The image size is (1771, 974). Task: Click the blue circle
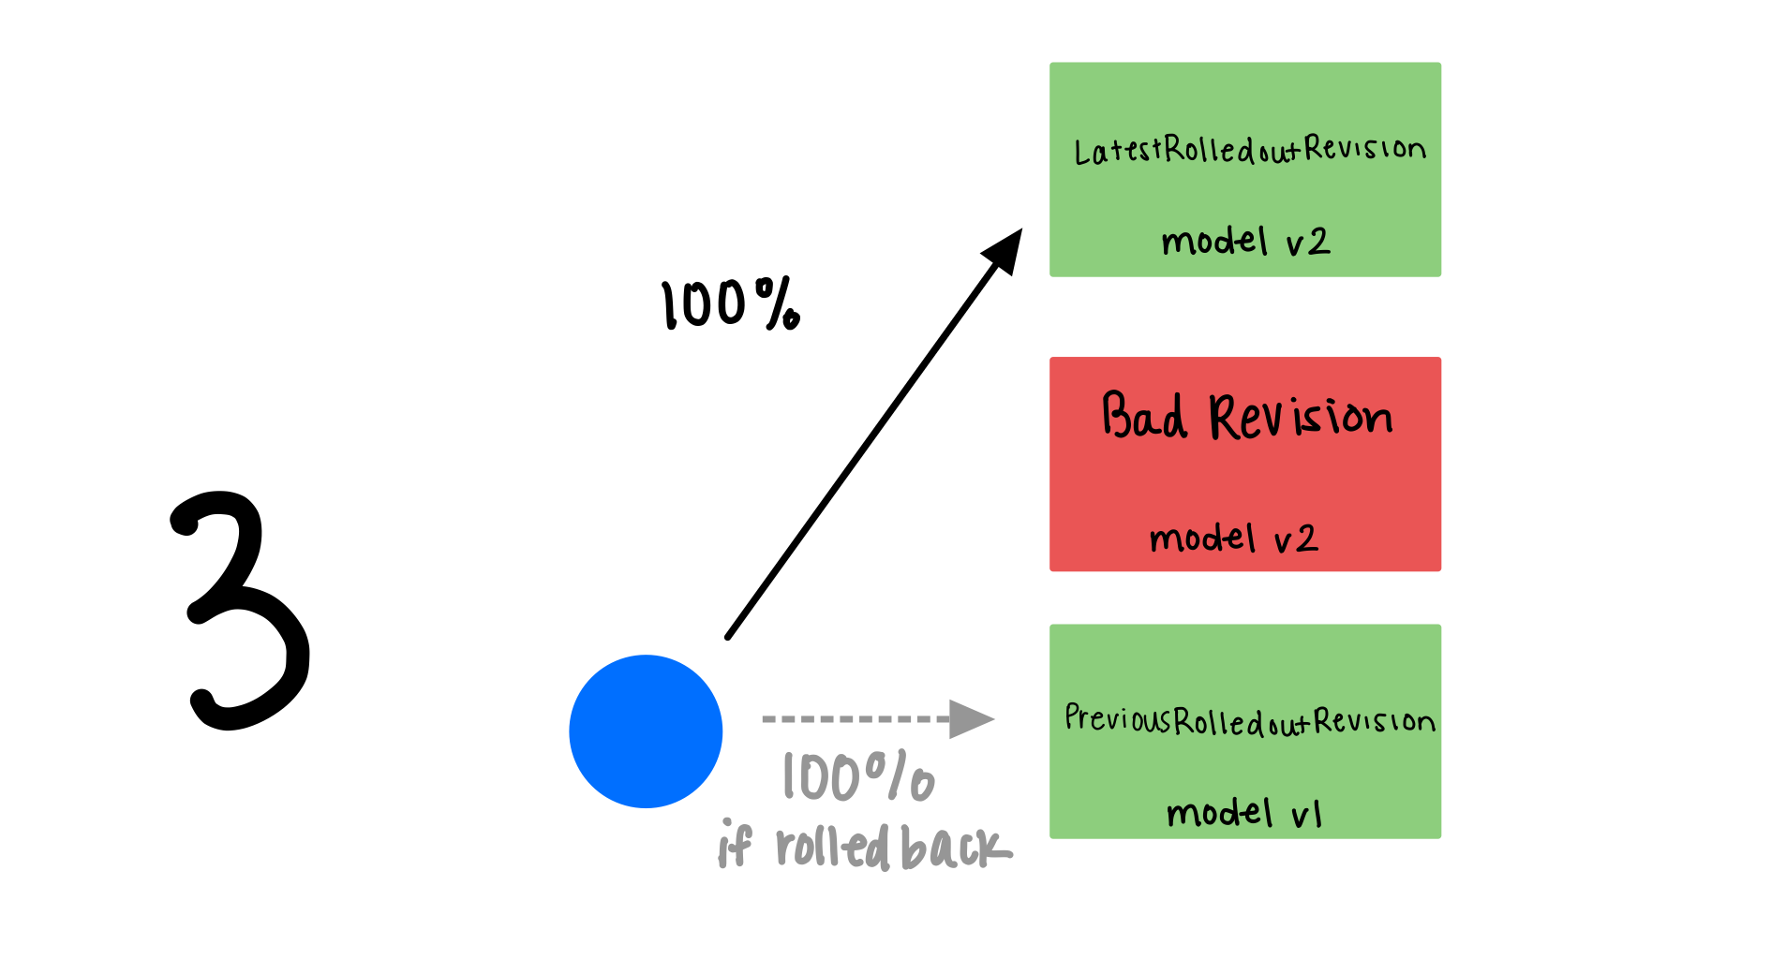pyautogui.click(x=646, y=730)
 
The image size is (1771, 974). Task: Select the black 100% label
pyautogui.click(x=730, y=304)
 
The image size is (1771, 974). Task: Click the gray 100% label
pyautogui.click(x=858, y=776)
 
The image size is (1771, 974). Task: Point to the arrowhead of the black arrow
pyautogui.click(x=1005, y=247)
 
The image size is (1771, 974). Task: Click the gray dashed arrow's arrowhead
pyautogui.click(x=971, y=719)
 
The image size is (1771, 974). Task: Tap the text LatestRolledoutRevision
pyautogui.click(x=1249, y=150)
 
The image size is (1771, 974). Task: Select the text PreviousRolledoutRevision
pyautogui.click(x=1249, y=720)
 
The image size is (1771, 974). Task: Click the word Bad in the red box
pyautogui.click(x=1144, y=416)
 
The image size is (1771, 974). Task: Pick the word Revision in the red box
pyautogui.click(x=1301, y=418)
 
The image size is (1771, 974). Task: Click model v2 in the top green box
pyautogui.click(x=1245, y=242)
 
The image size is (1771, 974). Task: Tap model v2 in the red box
pyautogui.click(x=1233, y=539)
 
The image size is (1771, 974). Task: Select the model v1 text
pyautogui.click(x=1244, y=813)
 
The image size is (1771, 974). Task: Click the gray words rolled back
pyautogui.click(x=892, y=848)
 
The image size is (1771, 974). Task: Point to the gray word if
pyautogui.click(x=735, y=845)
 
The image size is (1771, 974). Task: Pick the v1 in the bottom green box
pyautogui.click(x=1306, y=815)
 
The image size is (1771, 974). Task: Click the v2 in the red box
pyautogui.click(x=1296, y=539)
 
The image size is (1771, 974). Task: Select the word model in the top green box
pyautogui.click(x=1213, y=242)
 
